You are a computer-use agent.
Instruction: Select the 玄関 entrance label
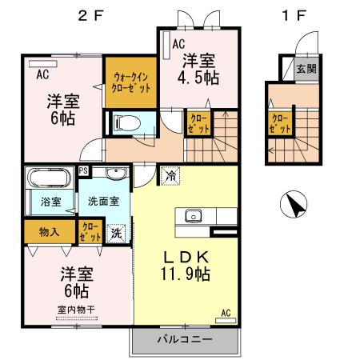tap(306, 69)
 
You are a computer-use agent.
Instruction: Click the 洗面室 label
tap(104, 202)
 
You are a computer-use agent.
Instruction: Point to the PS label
tap(84, 170)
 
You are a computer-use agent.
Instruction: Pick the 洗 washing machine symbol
tap(117, 233)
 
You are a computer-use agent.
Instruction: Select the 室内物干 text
tap(76, 310)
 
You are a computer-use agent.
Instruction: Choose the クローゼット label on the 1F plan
tap(279, 124)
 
